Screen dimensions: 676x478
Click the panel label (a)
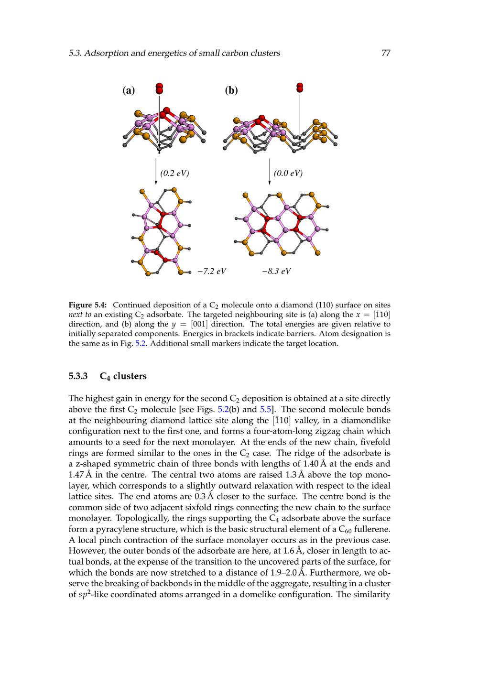[x=129, y=90]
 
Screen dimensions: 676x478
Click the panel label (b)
[x=231, y=90]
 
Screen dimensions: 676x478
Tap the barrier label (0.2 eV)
[x=174, y=173]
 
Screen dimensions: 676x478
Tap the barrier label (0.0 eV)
[x=288, y=173]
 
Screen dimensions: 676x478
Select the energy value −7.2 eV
[x=212, y=272]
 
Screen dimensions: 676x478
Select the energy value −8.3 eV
[x=276, y=272]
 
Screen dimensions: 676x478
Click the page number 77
[x=386, y=53]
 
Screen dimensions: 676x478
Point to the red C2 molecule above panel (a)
[x=159, y=88]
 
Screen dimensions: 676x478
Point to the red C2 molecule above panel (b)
[x=300, y=87]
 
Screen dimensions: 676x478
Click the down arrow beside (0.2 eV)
[x=156, y=172]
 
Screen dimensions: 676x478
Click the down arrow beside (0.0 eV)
[x=270, y=172]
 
